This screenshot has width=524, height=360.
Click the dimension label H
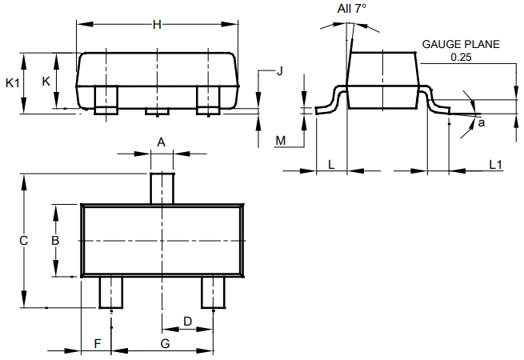[x=157, y=25]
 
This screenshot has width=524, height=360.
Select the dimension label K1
[x=12, y=82]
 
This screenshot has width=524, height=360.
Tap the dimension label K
[x=46, y=82]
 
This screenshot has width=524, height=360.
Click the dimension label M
[x=281, y=141]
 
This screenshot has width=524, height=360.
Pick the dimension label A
[x=161, y=142]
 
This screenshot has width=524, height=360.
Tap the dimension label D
[x=187, y=321]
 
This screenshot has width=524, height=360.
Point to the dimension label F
[x=97, y=343]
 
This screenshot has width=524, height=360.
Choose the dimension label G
[x=165, y=343]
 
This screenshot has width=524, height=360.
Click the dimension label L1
[x=495, y=164]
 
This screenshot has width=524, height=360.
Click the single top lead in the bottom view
[x=163, y=188]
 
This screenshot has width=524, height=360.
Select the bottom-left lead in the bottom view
[x=110, y=291]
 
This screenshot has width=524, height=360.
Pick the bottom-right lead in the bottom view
[x=213, y=291]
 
